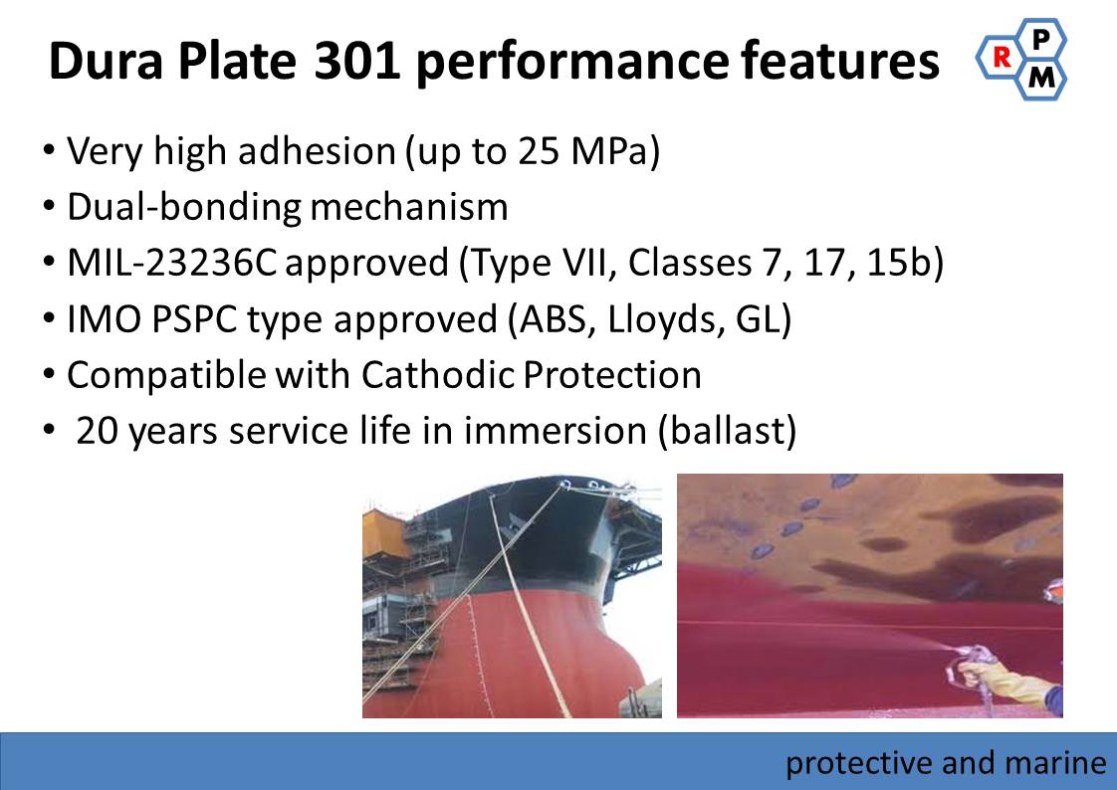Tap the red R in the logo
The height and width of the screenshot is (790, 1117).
point(1002,57)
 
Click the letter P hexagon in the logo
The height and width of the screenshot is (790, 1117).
point(1040,39)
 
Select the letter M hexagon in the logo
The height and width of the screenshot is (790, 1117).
point(1040,78)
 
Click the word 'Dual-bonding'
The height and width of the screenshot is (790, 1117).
point(184,208)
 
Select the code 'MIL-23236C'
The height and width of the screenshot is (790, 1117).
point(171,263)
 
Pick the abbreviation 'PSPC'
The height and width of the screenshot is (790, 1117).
point(194,318)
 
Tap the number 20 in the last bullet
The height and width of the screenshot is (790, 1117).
point(98,431)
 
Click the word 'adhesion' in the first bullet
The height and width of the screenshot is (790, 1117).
point(317,151)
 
